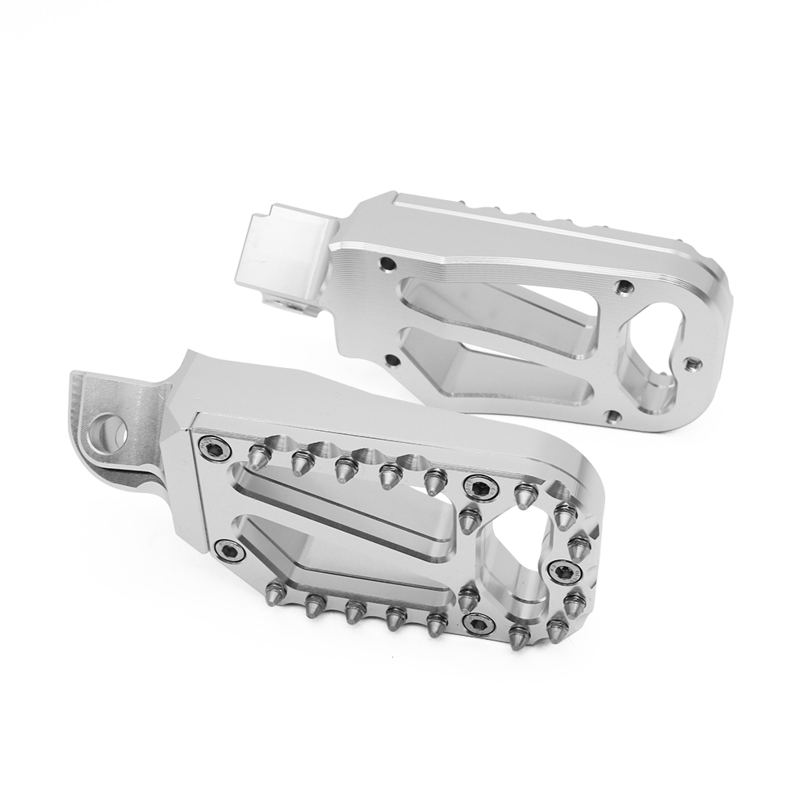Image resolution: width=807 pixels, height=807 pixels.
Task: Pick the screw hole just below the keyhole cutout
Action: [x=614, y=416]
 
